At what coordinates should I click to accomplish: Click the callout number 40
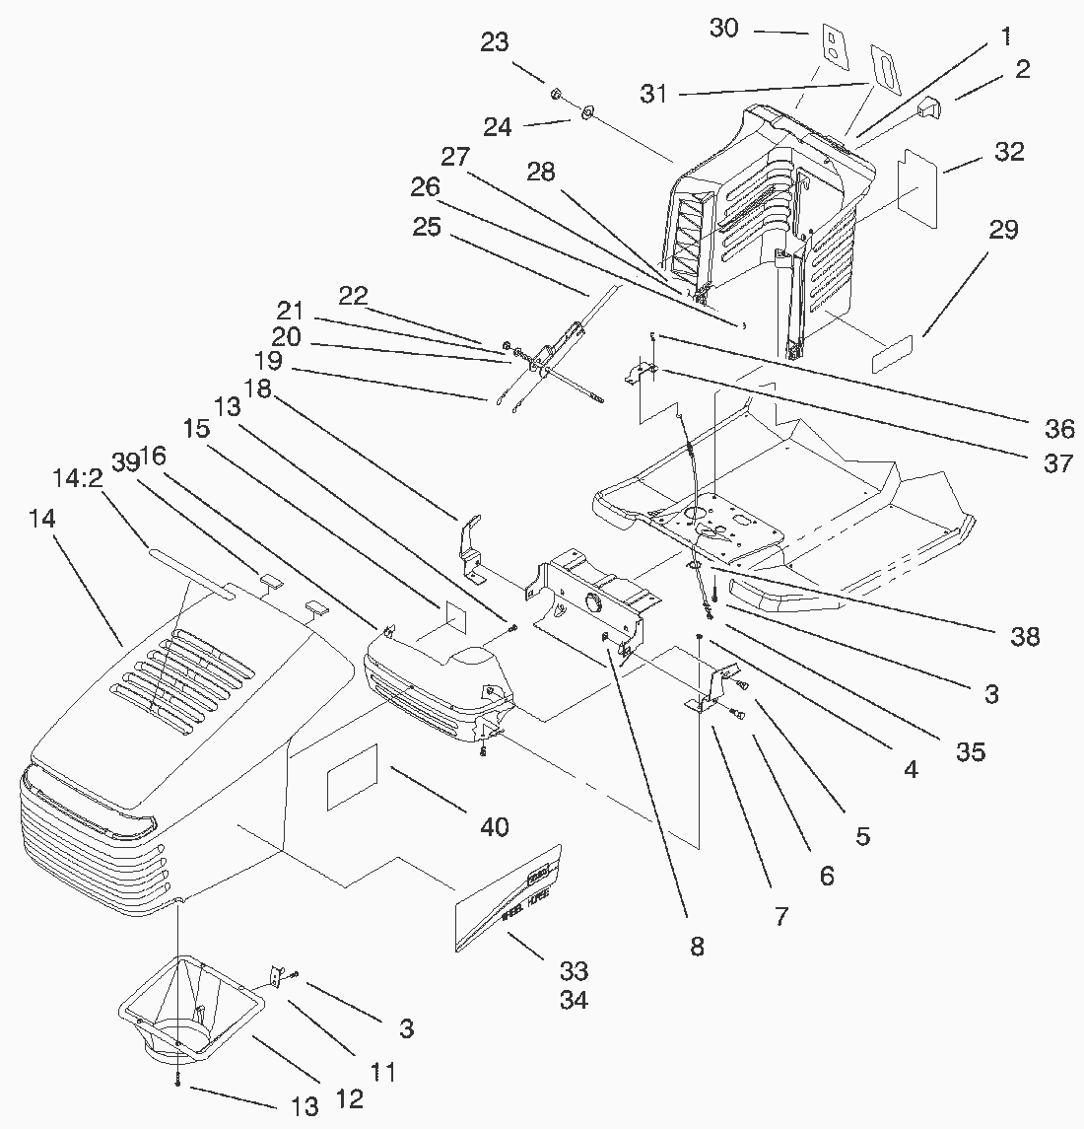[495, 825]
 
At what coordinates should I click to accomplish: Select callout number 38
[1025, 636]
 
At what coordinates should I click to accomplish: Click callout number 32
[1009, 152]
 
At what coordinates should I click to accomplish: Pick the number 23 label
[496, 43]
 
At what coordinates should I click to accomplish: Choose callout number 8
[698, 947]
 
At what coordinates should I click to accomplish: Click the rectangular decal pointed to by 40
[353, 781]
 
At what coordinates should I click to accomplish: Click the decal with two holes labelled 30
[834, 45]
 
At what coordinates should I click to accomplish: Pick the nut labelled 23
[555, 95]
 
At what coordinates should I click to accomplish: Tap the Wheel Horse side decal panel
[508, 899]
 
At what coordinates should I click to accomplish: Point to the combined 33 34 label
[574, 986]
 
